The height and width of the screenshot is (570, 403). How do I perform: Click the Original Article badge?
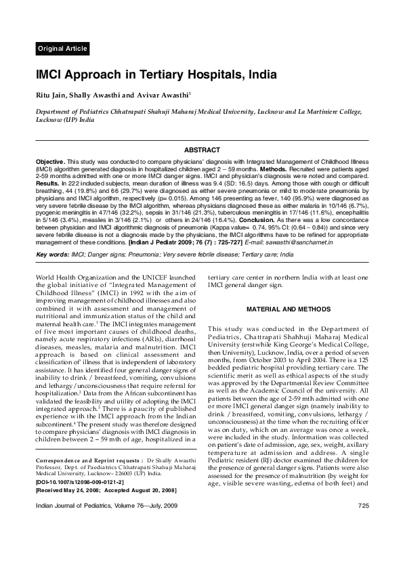tap(62, 49)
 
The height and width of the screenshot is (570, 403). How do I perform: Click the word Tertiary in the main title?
tap(162, 75)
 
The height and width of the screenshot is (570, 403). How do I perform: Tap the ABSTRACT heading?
tap(202, 150)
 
